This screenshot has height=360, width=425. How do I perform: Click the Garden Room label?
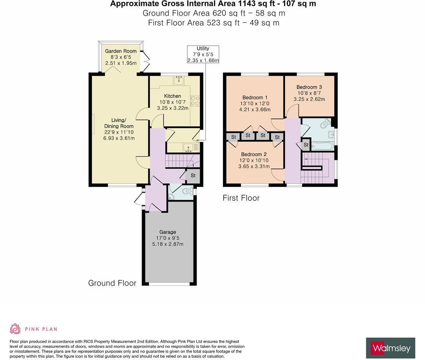121,51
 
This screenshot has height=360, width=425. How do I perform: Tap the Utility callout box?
203,54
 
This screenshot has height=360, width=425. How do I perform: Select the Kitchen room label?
172,96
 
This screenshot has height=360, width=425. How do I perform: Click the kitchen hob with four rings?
195,101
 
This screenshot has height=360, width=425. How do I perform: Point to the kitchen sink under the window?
179,81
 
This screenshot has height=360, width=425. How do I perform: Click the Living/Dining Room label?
119,123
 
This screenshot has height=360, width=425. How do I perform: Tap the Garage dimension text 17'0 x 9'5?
167,238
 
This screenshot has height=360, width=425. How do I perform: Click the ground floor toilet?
186,192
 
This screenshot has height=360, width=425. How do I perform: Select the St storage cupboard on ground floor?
193,176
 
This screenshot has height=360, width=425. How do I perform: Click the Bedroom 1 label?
255,97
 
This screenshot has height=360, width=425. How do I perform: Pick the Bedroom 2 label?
254,154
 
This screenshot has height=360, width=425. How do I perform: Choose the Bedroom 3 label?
309,87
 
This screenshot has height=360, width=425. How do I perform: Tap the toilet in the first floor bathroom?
325,125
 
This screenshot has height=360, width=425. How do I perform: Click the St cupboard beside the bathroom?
306,145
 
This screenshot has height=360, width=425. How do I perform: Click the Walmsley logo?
390,348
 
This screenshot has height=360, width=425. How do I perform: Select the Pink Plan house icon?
15,329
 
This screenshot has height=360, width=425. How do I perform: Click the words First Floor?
241,198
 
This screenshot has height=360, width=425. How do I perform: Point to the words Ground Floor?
112,283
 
